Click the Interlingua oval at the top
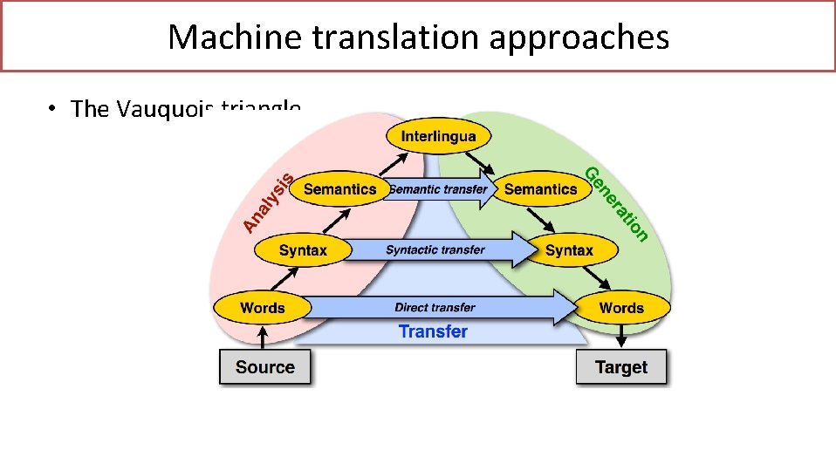(438, 136)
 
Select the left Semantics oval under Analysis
(339, 189)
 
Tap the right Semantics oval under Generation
(541, 189)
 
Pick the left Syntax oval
(303, 250)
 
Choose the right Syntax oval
(569, 250)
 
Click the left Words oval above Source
(263, 308)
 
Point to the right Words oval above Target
(621, 308)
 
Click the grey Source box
(264, 367)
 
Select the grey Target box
(620, 367)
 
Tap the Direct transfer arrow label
(435, 307)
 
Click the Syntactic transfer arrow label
(435, 250)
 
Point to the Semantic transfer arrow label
(438, 189)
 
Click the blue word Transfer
(433, 331)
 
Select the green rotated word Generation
(616, 203)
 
